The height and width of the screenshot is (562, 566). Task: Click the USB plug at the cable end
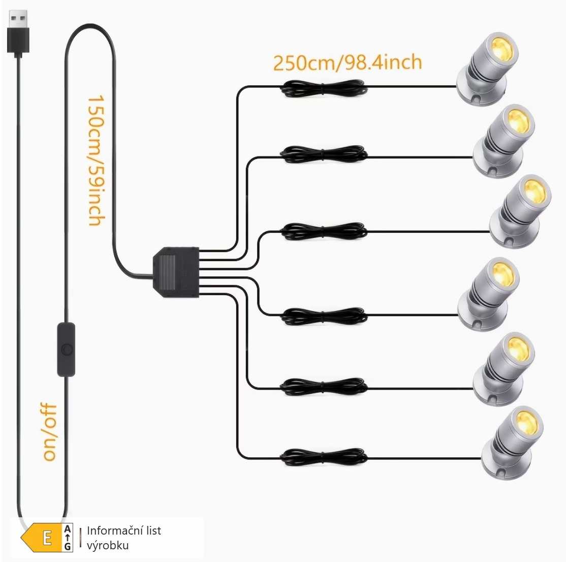[18, 33]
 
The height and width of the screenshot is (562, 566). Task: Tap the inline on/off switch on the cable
[67, 350]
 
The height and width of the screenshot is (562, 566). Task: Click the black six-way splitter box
[176, 272]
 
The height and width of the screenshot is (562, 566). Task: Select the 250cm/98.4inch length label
[347, 63]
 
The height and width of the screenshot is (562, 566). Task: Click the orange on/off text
[50, 432]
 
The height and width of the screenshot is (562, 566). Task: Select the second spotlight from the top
[504, 141]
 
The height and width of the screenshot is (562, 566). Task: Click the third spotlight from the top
[520, 211]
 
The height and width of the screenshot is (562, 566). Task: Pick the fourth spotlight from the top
[488, 294]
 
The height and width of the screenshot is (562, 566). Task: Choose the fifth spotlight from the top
[504, 369]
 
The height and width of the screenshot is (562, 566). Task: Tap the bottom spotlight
[512, 443]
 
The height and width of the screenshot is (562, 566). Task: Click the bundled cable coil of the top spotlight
[324, 88]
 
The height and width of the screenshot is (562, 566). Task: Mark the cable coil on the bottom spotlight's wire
[324, 457]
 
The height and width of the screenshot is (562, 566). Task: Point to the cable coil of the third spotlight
[324, 231]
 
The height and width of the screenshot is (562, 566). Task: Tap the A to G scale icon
[68, 538]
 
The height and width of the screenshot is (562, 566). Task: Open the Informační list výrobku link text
[124, 538]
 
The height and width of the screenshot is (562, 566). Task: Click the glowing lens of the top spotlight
[503, 47]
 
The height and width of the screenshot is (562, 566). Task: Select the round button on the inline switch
[67, 350]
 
